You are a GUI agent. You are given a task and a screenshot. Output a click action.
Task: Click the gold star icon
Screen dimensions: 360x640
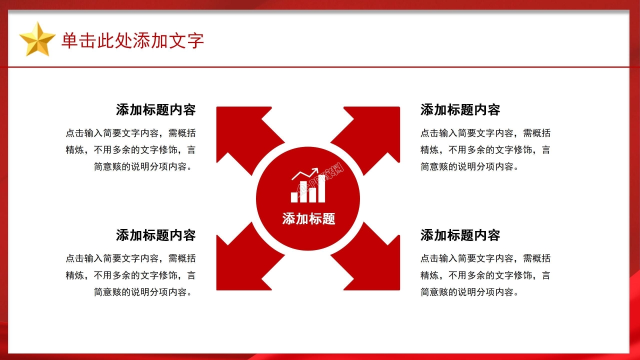(x=37, y=39)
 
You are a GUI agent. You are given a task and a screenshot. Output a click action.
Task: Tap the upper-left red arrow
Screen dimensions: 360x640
(x=240, y=132)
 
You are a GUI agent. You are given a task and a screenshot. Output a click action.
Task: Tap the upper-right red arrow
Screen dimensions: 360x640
(x=376, y=132)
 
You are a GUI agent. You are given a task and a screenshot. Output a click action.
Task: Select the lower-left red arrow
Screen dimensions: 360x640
(x=240, y=265)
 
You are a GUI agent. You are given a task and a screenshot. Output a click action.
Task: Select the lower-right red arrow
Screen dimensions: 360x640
(x=376, y=265)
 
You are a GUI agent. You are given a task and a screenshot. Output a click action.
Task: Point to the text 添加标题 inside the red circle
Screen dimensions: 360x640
(x=308, y=218)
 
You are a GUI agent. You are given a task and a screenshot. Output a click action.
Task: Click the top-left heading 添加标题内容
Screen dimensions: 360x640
(x=155, y=110)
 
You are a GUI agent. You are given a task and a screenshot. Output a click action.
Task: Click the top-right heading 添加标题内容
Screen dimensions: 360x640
(x=460, y=110)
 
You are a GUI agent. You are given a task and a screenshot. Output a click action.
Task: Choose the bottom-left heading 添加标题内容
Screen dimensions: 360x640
(x=155, y=235)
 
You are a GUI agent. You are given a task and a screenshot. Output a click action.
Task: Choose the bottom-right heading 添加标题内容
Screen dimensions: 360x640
(x=460, y=235)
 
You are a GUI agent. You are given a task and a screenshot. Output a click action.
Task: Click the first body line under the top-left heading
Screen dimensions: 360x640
(x=130, y=133)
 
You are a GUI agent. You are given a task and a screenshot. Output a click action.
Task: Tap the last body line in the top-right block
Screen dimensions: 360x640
(x=469, y=166)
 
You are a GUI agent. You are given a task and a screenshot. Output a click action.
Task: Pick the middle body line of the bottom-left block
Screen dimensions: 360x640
(x=130, y=275)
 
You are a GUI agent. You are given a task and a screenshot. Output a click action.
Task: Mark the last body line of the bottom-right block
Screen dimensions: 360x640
(x=469, y=292)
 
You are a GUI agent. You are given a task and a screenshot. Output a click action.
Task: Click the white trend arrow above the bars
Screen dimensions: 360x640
(x=305, y=173)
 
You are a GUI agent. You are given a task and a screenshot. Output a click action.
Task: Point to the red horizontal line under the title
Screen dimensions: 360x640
(x=320, y=66)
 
